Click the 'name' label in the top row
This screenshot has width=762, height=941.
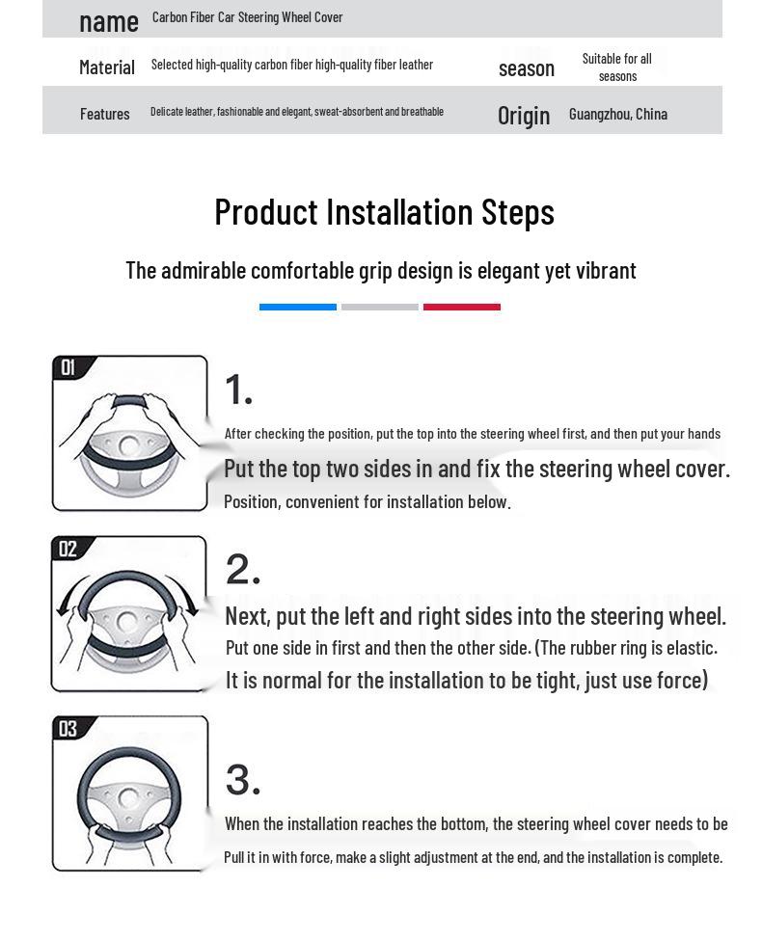tap(109, 22)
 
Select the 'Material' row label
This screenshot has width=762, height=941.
tap(107, 67)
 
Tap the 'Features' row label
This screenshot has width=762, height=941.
tap(104, 114)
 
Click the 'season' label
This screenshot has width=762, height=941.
tap(526, 69)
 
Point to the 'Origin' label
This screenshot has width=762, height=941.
tap(524, 116)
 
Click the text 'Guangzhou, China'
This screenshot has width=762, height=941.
tap(618, 114)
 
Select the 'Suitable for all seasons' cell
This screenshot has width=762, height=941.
tap(617, 67)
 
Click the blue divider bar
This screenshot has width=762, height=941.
tap(298, 308)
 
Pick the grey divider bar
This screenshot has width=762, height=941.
tap(379, 308)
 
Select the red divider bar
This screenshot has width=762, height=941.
tap(462, 308)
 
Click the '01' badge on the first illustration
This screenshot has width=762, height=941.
tap(68, 366)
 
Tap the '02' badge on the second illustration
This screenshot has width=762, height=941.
tap(68, 549)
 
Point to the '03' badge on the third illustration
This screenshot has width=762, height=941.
tap(68, 729)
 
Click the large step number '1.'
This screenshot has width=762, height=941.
tap(238, 390)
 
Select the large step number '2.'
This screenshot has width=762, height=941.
tap(243, 569)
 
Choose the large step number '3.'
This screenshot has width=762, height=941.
tap(243, 780)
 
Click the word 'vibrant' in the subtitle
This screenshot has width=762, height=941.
tap(606, 271)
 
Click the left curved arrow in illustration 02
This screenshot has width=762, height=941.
tap(69, 591)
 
